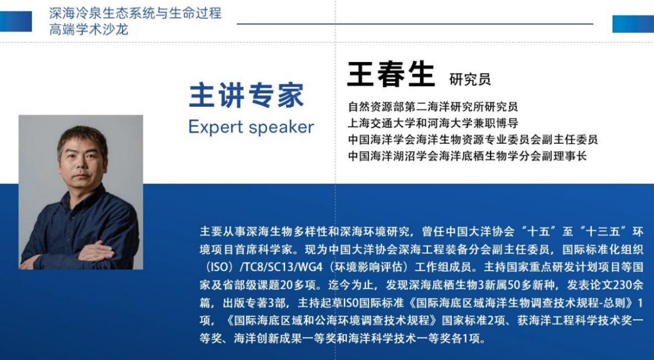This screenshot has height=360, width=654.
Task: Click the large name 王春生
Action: click(x=391, y=74)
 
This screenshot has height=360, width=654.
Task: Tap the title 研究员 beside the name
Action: click(x=470, y=80)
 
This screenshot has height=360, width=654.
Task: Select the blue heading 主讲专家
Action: click(x=247, y=95)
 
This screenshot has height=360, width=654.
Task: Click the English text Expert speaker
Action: click(x=251, y=127)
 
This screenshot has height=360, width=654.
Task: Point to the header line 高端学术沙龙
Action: click(x=89, y=30)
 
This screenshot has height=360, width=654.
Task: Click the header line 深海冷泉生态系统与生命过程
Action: click(x=136, y=14)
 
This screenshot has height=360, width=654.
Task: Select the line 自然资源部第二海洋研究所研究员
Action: click(x=433, y=107)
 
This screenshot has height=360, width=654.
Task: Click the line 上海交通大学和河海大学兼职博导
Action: click(x=433, y=123)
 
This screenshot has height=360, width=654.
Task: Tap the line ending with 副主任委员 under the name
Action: click(x=473, y=140)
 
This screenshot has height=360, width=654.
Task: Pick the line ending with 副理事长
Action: click(x=467, y=156)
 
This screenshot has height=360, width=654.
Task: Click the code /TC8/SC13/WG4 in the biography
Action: click(x=281, y=267)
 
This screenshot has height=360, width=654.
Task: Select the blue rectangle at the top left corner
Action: click(x=16, y=21)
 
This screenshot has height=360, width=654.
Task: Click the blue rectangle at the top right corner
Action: click(x=633, y=24)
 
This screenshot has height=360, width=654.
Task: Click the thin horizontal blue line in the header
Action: click(x=415, y=24)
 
